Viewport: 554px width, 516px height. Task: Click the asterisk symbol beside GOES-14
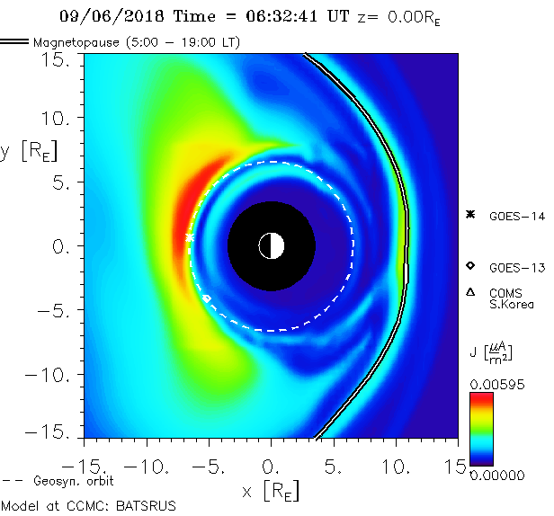(x=469, y=214)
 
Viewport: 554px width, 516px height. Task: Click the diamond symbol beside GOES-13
(x=469, y=265)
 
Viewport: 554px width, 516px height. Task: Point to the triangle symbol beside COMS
(x=469, y=292)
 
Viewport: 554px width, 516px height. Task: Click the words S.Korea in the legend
(x=512, y=304)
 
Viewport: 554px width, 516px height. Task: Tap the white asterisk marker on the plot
(x=190, y=237)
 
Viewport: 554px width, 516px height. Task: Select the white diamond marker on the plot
(x=208, y=298)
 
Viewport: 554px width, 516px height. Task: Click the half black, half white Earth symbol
(x=271, y=245)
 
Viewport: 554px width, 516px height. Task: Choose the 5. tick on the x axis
(x=334, y=467)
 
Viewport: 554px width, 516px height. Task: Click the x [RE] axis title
(x=271, y=492)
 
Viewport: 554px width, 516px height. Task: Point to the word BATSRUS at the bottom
(x=147, y=505)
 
